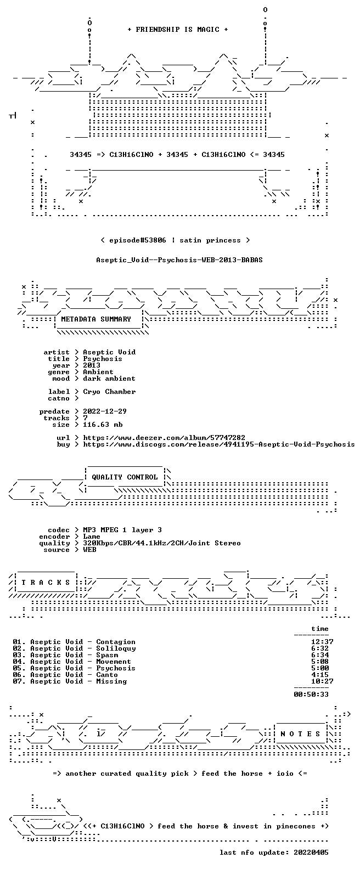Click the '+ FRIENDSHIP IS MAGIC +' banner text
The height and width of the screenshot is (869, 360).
[178, 30]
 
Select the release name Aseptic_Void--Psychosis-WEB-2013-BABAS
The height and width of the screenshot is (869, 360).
[179, 260]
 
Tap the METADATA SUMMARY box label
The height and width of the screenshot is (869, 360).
[96, 319]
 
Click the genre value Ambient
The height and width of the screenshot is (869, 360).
[98, 372]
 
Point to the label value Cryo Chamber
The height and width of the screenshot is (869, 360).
[109, 392]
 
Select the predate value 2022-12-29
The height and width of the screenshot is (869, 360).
[105, 411]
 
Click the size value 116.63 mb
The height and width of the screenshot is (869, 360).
[103, 425]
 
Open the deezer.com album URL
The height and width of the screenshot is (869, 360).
[164, 438]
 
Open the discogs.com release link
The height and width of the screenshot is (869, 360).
[219, 444]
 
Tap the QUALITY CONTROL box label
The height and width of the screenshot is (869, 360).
[125, 477]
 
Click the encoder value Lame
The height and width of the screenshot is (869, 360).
[92, 537]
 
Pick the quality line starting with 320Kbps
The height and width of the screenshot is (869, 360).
[162, 543]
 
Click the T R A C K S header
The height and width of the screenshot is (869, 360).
[46, 582]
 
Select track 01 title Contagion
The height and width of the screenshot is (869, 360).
[116, 642]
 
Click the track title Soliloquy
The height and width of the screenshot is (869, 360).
[116, 648]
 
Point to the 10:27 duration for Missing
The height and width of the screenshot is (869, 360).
[322, 681]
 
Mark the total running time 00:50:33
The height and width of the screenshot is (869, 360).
[311, 695]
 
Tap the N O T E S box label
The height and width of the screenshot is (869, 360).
[300, 734]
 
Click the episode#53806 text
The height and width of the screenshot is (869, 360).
[138, 240]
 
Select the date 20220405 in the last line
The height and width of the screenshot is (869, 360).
[311, 853]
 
